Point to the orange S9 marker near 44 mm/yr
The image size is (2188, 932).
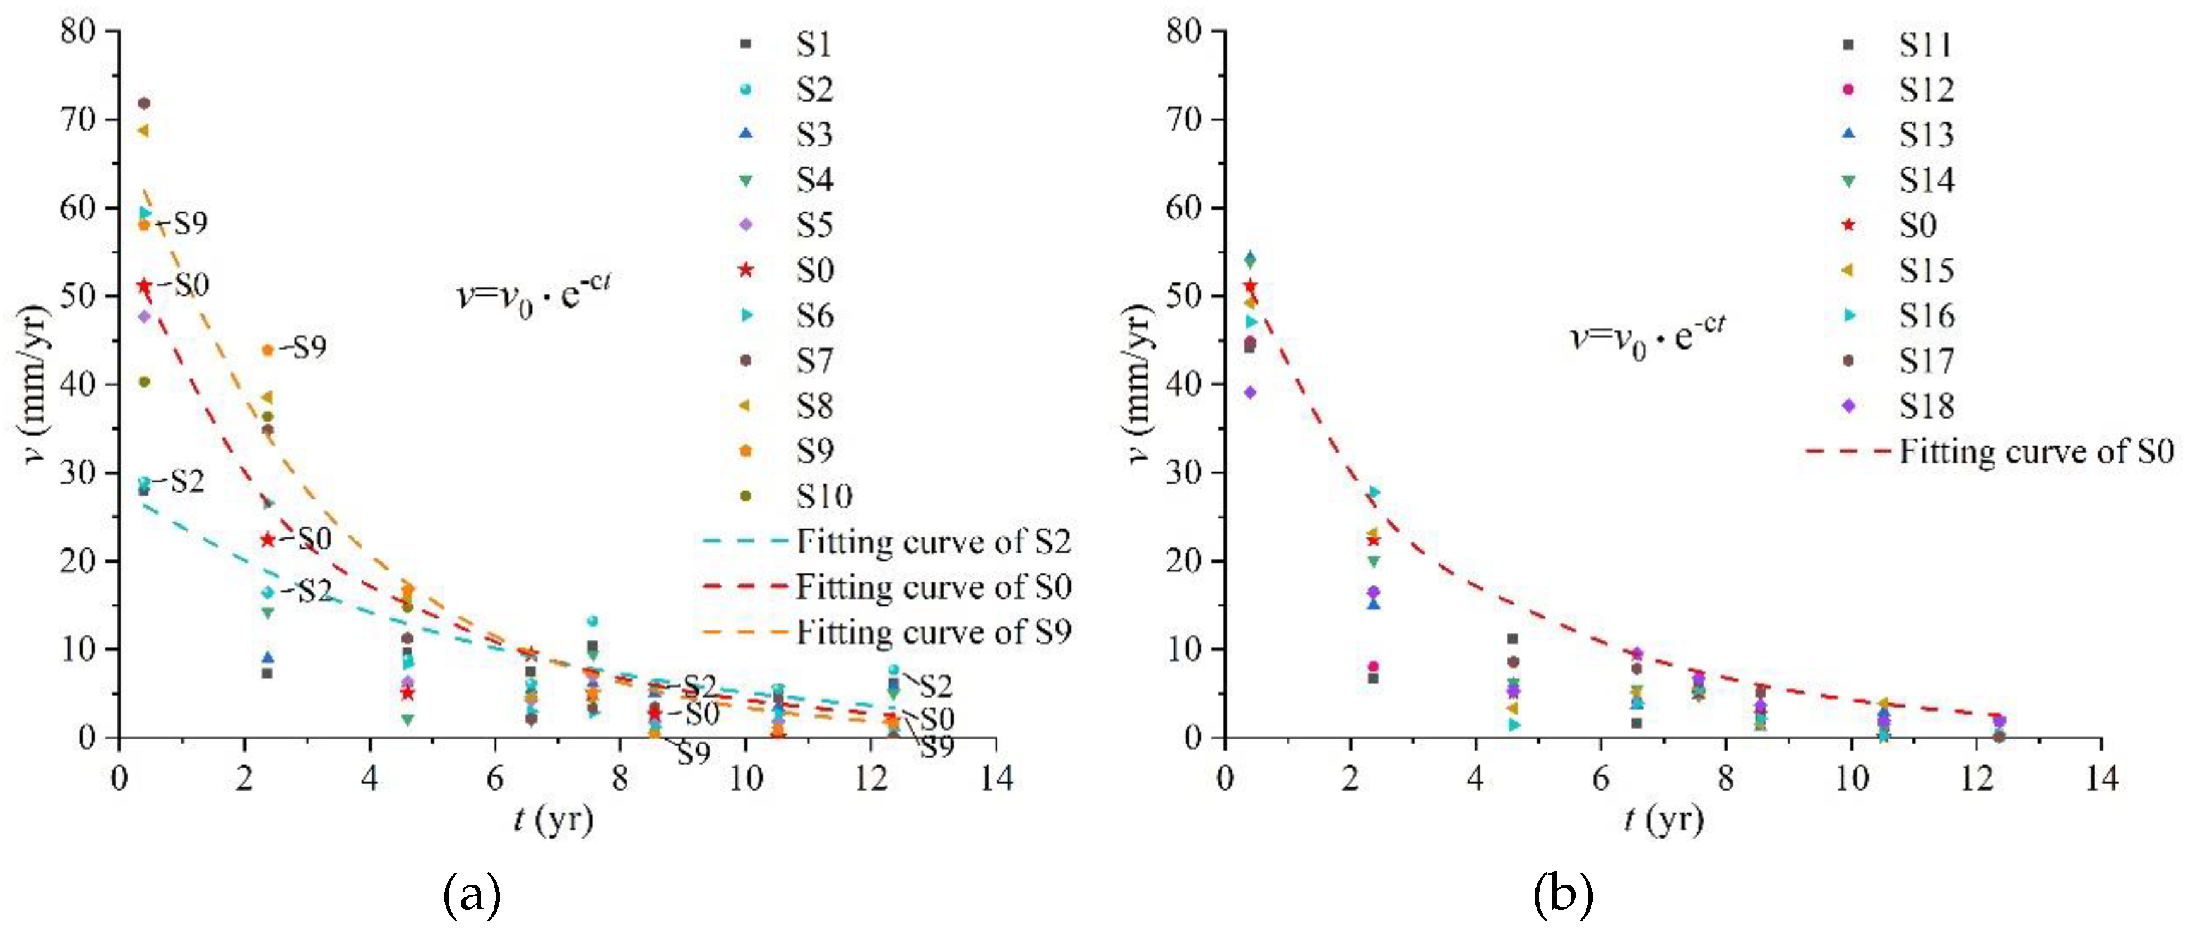pyautogui.click(x=268, y=350)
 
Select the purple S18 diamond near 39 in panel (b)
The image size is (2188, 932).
pyautogui.click(x=1249, y=393)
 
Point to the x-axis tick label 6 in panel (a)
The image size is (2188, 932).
pyautogui.click(x=495, y=777)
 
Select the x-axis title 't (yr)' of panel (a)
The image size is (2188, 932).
pyautogui.click(x=554, y=819)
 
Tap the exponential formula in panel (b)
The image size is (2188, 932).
pyautogui.click(x=1647, y=335)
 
